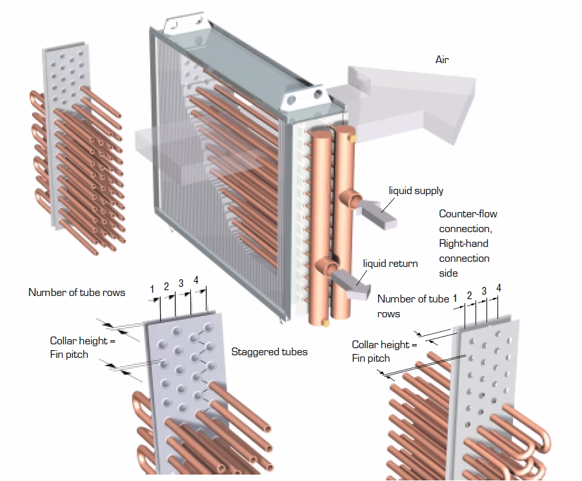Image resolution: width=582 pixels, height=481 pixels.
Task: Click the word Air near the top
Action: click(441, 60)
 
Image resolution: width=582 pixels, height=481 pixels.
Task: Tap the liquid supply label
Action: click(416, 191)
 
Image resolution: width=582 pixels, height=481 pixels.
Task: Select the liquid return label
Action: click(390, 263)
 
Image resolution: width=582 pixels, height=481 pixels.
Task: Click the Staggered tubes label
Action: click(269, 352)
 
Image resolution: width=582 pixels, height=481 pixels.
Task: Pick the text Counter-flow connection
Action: click(468, 221)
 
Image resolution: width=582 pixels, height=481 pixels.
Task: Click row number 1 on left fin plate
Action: click(152, 290)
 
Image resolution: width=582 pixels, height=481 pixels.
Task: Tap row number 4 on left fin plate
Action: click(196, 280)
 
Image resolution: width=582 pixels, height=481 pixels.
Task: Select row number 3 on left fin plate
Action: click(181, 283)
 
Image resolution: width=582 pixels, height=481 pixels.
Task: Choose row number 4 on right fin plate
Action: click(498, 288)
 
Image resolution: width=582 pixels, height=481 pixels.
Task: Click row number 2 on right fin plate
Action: click(469, 295)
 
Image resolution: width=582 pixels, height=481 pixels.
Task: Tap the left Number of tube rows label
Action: click(77, 293)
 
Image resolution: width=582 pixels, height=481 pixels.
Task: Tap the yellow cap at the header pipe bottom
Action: click(325, 322)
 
